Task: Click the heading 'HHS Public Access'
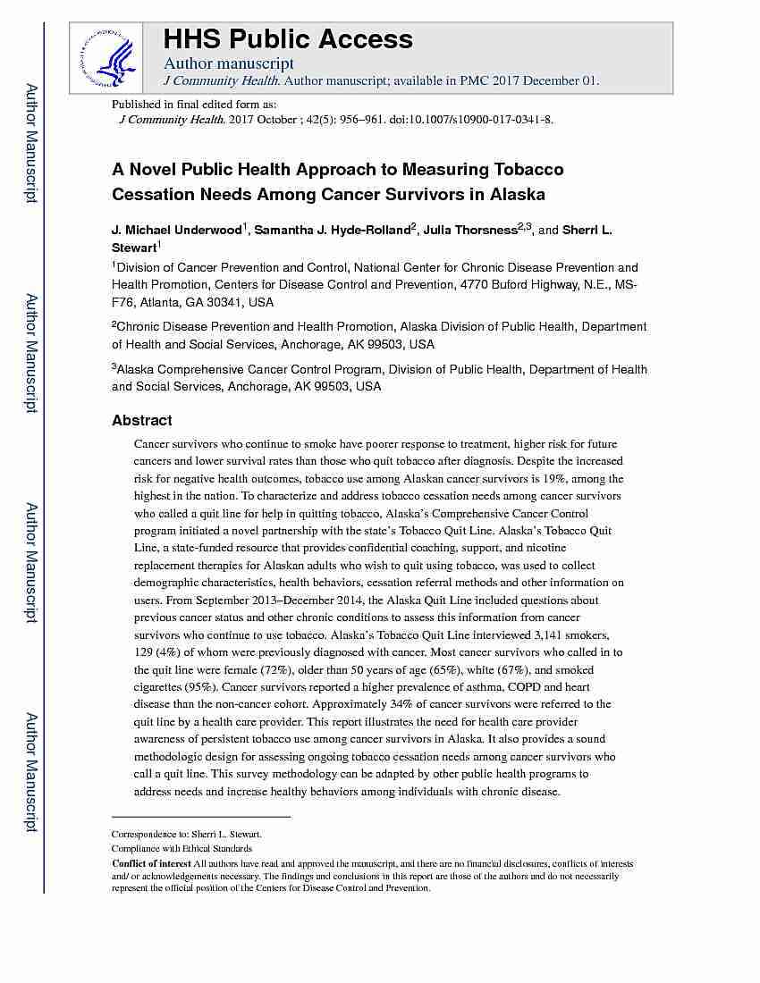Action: [287, 39]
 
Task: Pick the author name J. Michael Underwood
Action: [176, 231]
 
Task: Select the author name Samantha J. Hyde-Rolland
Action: [332, 231]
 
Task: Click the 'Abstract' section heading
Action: [142, 420]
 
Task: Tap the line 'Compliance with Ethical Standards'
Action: [182, 848]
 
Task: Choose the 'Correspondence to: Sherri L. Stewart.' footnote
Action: [186, 833]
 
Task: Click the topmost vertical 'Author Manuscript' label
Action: [31, 143]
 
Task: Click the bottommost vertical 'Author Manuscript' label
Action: [31, 772]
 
